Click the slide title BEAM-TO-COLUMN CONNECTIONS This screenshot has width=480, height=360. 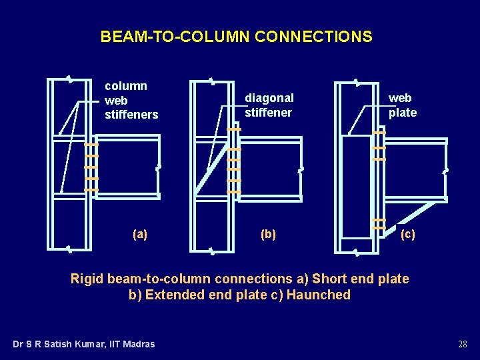pos(236,37)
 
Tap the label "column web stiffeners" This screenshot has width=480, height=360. pos(131,100)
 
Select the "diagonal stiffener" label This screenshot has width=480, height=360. pos(269,105)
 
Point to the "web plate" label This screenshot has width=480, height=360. pos(403,105)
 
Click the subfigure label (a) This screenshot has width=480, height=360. pos(140,234)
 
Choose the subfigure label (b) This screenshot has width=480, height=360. pos(268,234)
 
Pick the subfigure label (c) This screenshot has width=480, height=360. pos(407,234)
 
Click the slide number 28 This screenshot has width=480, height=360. pos(462,344)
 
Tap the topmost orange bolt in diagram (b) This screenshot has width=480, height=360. pos(233,129)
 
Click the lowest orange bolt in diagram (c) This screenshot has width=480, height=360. pos(378,228)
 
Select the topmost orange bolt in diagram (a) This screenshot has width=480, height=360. pos(91,145)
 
